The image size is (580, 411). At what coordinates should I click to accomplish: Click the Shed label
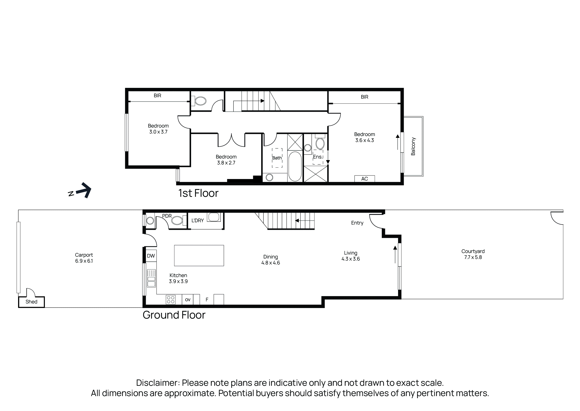coord(31,302)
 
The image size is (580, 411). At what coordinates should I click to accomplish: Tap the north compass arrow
coord(84,190)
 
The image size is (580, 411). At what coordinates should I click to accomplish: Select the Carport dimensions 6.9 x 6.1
coord(84,261)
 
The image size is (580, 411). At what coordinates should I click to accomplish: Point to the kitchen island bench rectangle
coord(199,255)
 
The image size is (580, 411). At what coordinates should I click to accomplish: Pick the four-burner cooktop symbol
coord(171,300)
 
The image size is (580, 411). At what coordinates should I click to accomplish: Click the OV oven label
coord(188,300)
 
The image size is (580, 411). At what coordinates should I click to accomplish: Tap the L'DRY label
coord(198,220)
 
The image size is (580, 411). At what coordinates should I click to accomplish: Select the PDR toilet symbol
coord(177,220)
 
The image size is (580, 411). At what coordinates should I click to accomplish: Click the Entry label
coord(357,223)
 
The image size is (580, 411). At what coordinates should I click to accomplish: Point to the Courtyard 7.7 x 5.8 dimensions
coord(473,257)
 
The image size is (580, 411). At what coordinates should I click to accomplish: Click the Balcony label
coord(413,146)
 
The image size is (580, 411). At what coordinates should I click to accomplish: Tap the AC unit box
coord(365,179)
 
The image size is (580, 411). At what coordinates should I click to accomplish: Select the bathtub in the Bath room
coord(295,166)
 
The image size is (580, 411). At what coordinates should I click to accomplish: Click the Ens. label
coord(318,157)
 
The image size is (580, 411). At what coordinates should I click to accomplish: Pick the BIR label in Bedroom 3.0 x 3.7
coord(157,95)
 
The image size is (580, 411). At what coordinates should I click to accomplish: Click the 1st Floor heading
coord(198,193)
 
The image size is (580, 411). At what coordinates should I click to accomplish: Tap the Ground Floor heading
coord(174,315)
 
